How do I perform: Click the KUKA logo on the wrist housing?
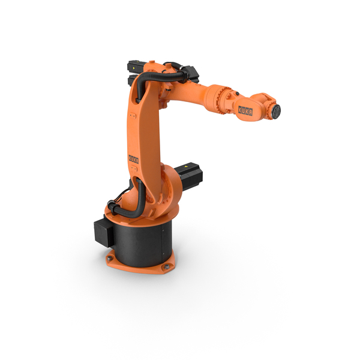(x=245, y=110)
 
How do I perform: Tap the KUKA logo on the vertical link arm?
(x=134, y=159)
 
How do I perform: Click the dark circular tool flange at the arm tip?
(x=277, y=112)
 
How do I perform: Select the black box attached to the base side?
(x=103, y=233)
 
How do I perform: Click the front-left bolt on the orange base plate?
(x=110, y=258)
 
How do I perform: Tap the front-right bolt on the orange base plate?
(x=166, y=266)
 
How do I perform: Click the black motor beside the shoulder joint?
(x=189, y=176)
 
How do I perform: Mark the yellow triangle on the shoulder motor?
(x=186, y=165)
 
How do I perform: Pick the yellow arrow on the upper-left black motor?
(x=134, y=68)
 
